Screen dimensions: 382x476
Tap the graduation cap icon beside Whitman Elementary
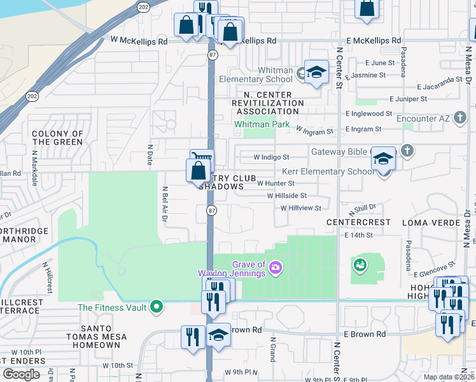click(x=316, y=73)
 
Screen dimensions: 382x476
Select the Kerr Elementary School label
click(x=328, y=171)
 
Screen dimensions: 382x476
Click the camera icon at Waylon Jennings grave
click(x=276, y=266)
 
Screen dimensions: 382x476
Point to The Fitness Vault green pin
click(x=156, y=308)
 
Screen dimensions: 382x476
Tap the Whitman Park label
click(x=262, y=124)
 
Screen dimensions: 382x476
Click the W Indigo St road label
click(x=271, y=157)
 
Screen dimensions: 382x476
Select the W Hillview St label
click(x=301, y=208)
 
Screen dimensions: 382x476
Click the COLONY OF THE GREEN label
click(x=58, y=138)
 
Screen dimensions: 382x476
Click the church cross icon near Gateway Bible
click(x=407, y=152)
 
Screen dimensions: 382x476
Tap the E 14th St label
click(x=358, y=235)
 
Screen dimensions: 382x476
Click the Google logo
click(x=22, y=374)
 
